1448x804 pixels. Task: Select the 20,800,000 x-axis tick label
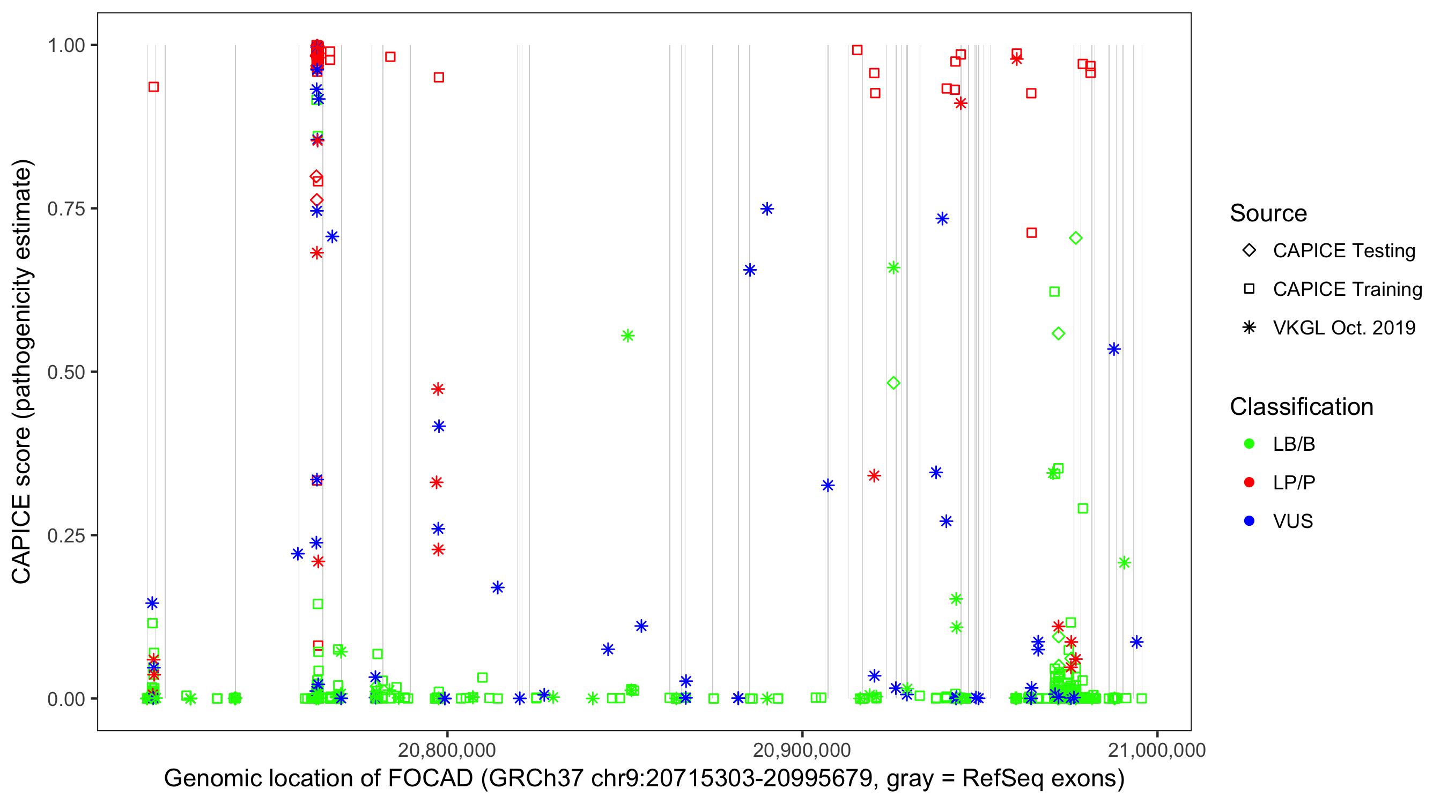point(447,750)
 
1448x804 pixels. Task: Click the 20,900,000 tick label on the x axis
point(802,750)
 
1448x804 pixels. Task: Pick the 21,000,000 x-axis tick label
point(1157,750)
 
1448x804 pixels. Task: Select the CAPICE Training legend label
point(1347,289)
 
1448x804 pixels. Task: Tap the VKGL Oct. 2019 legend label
point(1344,328)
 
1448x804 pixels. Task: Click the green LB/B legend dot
point(1249,444)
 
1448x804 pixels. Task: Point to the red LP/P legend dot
point(1249,482)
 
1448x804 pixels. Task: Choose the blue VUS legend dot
point(1249,522)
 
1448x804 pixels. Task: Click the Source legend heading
point(1268,213)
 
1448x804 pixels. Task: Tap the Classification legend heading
point(1301,407)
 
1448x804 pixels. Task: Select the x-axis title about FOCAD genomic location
point(644,779)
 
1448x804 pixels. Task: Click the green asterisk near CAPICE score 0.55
point(628,336)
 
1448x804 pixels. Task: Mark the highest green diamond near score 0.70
point(1075,238)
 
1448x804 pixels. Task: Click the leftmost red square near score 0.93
point(153,87)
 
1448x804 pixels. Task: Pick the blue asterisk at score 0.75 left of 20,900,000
point(767,209)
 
